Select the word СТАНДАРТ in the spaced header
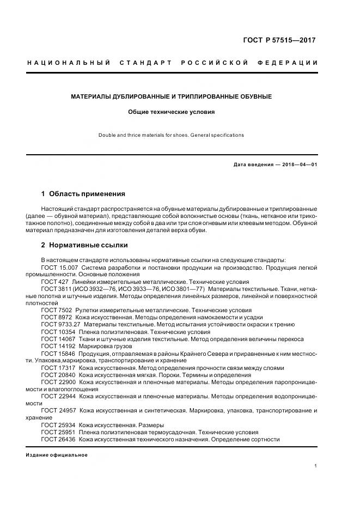151,63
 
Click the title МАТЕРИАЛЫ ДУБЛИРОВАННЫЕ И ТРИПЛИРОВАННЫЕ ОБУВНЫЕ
172,97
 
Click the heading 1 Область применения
83,193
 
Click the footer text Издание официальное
57,455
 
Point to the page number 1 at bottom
316,465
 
